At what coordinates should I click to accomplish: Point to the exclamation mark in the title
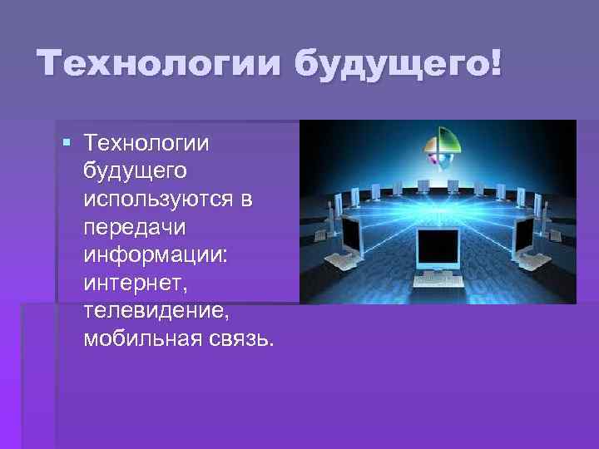coord(497,64)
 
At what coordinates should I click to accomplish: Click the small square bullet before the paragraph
coord(68,147)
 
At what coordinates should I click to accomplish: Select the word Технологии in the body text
coord(147,146)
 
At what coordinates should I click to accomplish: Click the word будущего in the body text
coord(135,173)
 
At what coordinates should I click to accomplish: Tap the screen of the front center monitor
coord(438,246)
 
